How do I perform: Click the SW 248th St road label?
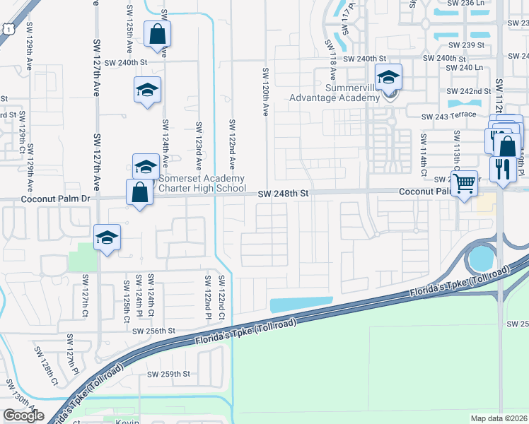284,192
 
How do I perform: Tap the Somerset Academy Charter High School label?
202,183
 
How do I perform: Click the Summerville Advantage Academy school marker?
388,78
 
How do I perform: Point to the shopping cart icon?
464,184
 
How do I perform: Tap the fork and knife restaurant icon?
503,169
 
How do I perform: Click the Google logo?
23,416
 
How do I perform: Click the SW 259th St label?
168,374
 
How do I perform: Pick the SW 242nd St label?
468,91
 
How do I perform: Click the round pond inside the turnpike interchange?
482,257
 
